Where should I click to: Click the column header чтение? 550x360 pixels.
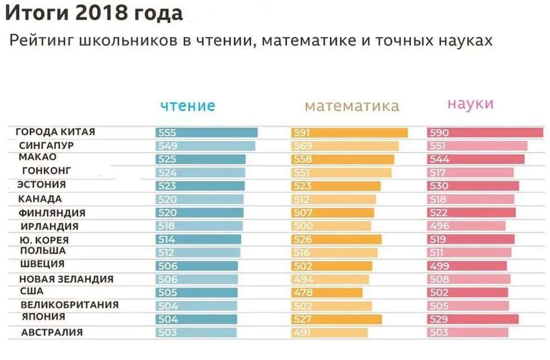(x=188, y=106)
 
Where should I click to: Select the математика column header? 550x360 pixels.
(x=352, y=106)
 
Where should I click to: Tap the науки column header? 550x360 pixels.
(x=471, y=104)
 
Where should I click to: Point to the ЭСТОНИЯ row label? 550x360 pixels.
(x=42, y=184)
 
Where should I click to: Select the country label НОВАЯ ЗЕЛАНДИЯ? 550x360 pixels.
(x=66, y=279)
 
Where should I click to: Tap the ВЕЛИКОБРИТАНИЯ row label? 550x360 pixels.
(x=69, y=305)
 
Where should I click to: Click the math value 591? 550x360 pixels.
(x=302, y=133)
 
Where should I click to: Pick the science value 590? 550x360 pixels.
(x=438, y=133)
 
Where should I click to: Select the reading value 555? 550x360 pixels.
(x=167, y=133)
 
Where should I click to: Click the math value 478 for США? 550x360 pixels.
(x=302, y=292)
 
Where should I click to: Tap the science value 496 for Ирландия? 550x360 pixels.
(x=438, y=226)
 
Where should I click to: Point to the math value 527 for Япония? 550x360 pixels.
(x=302, y=319)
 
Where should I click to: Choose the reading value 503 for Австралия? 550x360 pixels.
(x=167, y=332)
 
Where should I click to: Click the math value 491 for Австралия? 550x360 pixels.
(x=302, y=332)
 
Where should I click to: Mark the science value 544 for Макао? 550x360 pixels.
(x=438, y=159)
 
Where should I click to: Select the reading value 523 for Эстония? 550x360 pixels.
(x=167, y=186)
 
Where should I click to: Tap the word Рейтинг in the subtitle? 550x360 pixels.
(x=43, y=41)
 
